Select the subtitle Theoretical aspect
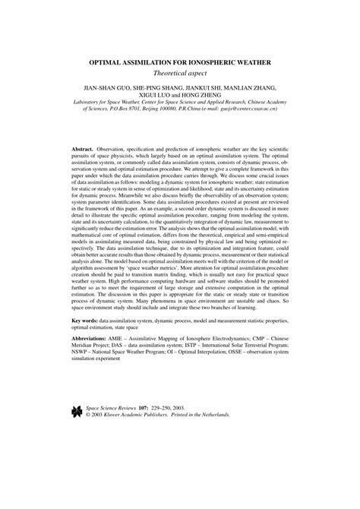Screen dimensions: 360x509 (x=181, y=74)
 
